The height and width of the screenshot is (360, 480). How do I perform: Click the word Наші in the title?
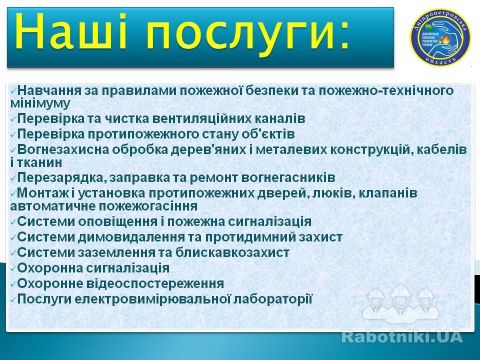coord(71,31)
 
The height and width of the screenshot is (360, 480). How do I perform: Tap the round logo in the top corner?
coord(440,37)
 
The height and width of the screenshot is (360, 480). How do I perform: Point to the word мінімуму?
coord(40,103)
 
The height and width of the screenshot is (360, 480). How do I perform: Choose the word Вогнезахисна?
coord(63,149)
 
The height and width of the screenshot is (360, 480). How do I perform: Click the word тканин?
coord(39,162)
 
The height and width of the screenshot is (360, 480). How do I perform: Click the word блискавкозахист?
coord(232,253)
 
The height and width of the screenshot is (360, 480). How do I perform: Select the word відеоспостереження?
coord(155,284)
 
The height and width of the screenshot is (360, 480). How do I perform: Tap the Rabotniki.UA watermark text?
coord(401,336)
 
